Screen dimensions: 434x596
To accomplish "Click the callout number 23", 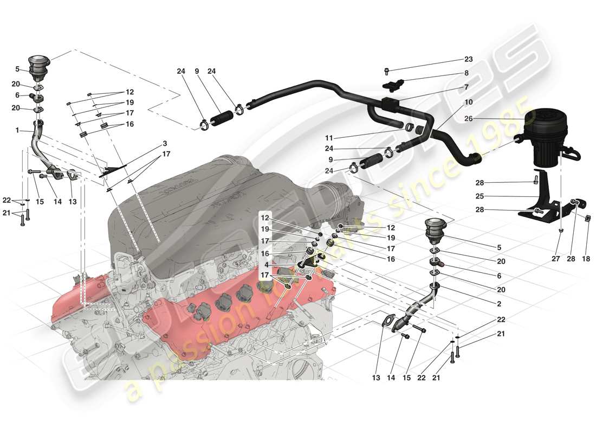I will [468, 60].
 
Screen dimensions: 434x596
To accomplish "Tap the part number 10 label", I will [468, 102].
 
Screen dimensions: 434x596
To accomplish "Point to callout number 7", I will [466, 87].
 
